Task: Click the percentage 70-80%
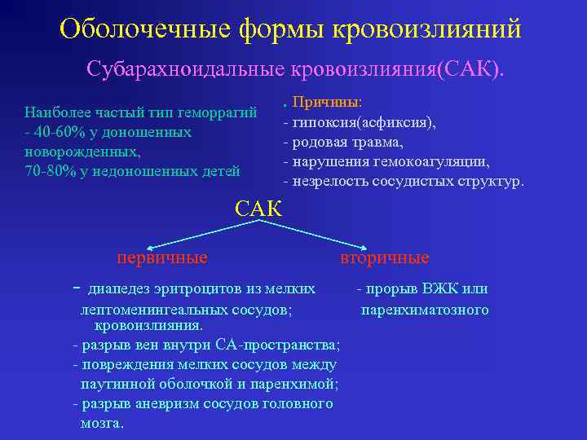tap(51, 170)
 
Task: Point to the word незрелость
tap(328, 180)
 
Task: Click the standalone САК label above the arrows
tap(258, 209)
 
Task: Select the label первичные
tap(162, 258)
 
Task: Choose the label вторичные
tap(385, 258)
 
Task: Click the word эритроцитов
tap(185, 289)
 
